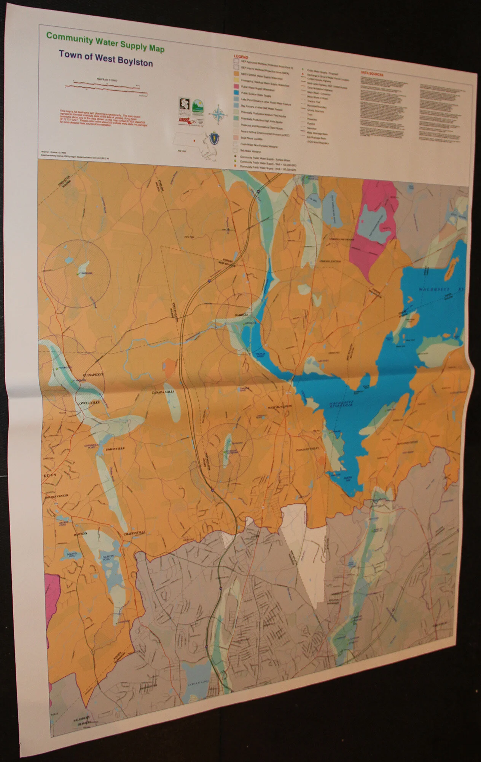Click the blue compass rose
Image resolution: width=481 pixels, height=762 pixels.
tap(218, 114)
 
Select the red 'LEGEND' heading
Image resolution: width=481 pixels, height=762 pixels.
tap(240, 56)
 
